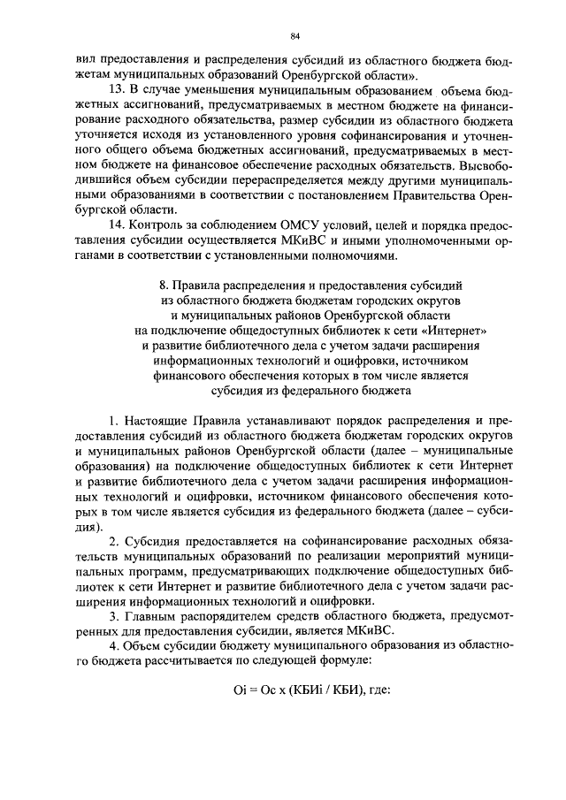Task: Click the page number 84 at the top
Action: click(296, 35)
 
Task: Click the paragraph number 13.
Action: click(114, 90)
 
